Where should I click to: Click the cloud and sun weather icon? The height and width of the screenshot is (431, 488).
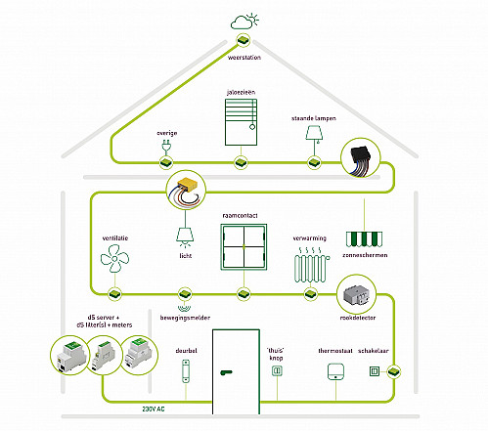(244, 22)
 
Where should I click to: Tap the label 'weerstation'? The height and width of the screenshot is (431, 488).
(244, 58)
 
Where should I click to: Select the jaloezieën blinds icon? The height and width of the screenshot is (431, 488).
(241, 122)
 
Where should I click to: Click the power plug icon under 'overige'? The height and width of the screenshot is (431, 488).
(166, 147)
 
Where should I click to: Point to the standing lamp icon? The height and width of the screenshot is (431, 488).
(314, 136)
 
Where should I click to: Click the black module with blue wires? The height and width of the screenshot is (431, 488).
(361, 158)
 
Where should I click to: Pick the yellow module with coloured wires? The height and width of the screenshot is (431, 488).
(186, 191)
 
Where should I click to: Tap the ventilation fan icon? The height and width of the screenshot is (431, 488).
(114, 259)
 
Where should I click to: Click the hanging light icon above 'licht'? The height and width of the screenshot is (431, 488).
(185, 237)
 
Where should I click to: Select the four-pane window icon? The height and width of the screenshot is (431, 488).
(244, 247)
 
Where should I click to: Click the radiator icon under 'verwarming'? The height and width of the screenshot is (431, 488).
(312, 265)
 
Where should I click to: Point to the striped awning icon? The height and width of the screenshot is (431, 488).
(364, 239)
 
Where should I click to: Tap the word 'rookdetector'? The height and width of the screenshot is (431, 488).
(358, 318)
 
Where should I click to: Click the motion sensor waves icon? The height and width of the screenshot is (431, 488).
(185, 308)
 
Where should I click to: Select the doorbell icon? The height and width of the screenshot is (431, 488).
(186, 371)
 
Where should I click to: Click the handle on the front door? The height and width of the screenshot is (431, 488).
(226, 372)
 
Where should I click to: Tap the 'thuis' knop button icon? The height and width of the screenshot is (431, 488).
(277, 370)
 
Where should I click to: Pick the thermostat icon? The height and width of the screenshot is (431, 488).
(335, 371)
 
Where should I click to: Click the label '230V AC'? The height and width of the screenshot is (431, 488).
(154, 409)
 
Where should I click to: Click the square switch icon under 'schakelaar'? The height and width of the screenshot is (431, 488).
(375, 371)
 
